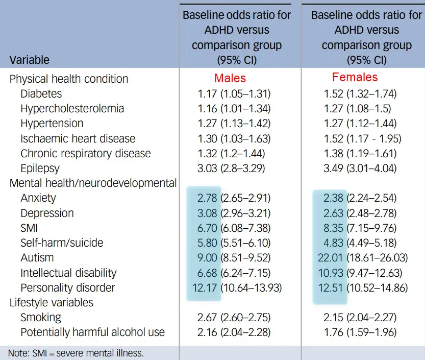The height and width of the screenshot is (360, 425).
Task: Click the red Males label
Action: click(230, 78)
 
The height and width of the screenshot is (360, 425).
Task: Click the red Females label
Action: click(355, 78)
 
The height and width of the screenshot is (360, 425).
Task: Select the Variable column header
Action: click(29, 60)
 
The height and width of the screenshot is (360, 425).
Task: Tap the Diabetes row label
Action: click(41, 93)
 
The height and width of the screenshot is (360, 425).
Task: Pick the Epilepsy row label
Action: click(40, 168)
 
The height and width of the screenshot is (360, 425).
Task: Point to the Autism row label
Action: click(37, 257)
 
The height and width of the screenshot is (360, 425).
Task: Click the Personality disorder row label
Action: click(68, 287)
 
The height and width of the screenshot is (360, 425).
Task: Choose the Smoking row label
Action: click(41, 317)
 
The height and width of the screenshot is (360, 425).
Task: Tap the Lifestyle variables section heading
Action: click(52, 302)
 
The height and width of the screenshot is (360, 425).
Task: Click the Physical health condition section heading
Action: click(69, 79)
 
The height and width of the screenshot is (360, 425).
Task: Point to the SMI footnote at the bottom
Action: click(76, 353)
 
